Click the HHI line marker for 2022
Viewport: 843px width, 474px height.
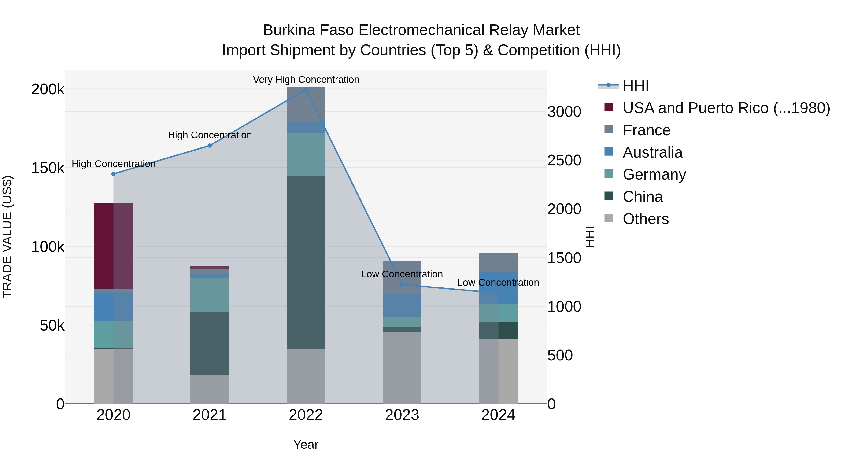306,89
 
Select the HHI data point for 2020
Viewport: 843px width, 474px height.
114,174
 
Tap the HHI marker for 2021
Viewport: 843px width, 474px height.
210,146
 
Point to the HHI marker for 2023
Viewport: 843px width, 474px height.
402,285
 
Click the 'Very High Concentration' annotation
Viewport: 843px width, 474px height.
306,80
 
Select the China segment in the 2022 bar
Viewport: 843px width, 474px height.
306,262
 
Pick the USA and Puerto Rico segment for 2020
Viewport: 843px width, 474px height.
113,246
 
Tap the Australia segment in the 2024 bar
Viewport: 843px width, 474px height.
498,288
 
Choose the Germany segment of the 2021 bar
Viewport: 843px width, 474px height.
210,295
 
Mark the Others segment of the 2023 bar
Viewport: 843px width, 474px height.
402,368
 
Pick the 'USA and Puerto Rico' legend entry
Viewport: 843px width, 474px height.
726,108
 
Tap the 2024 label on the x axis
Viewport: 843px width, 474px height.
498,415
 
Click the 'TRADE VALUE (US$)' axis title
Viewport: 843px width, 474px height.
7,237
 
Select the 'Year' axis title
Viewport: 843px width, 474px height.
306,445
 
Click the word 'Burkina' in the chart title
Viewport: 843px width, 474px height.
289,30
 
